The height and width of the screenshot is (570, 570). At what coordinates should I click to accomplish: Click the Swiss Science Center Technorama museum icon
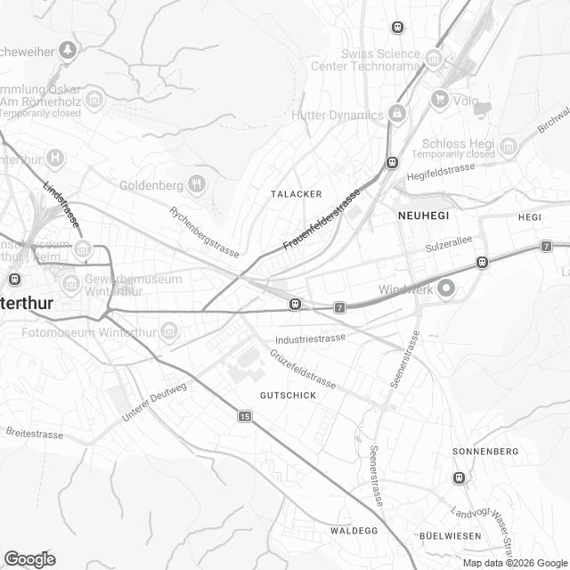[x=434, y=60]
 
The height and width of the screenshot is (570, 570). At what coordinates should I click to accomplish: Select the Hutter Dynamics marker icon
[x=396, y=114]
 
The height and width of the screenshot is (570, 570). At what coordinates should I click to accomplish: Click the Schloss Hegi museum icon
[x=508, y=145]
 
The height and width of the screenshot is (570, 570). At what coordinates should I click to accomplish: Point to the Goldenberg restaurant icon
[x=197, y=185]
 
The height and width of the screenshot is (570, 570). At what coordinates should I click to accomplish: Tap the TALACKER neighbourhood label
[x=295, y=192]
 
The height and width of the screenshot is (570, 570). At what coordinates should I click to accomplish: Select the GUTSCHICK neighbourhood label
[x=287, y=395]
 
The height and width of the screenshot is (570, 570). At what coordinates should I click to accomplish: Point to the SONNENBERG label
[x=484, y=452]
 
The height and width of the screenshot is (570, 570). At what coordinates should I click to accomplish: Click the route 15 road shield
[x=245, y=416]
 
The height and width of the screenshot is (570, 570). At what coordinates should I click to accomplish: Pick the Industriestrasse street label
[x=310, y=338]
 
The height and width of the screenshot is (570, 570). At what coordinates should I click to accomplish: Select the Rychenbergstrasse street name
[x=204, y=232]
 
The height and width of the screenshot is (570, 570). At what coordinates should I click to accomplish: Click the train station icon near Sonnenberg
[x=459, y=476]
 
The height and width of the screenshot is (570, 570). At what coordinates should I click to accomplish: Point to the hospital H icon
[x=55, y=159]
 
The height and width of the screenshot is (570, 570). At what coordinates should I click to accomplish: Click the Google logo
[x=29, y=558]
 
